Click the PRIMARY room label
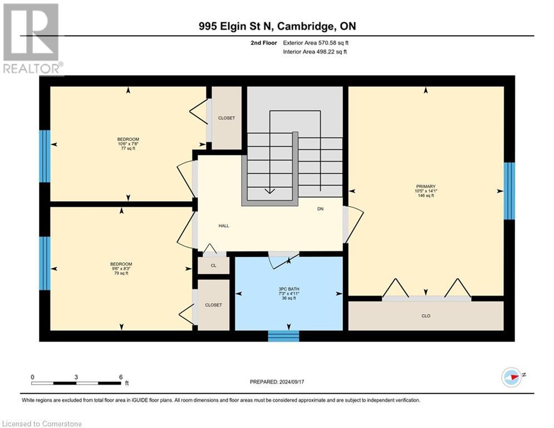(425, 187)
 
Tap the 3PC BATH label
(289, 289)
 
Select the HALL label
(223, 226)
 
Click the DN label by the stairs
(320, 209)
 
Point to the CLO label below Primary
(426, 316)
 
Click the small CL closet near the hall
(213, 266)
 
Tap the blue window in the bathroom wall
(283, 336)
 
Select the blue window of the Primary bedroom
(509, 191)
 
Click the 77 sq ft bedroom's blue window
(45, 157)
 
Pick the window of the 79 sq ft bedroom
(45, 263)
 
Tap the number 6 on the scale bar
(121, 377)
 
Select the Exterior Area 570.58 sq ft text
(316, 42)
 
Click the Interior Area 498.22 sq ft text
(315, 52)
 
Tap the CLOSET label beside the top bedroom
(227, 118)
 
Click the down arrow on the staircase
(269, 189)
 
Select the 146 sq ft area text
(425, 196)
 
